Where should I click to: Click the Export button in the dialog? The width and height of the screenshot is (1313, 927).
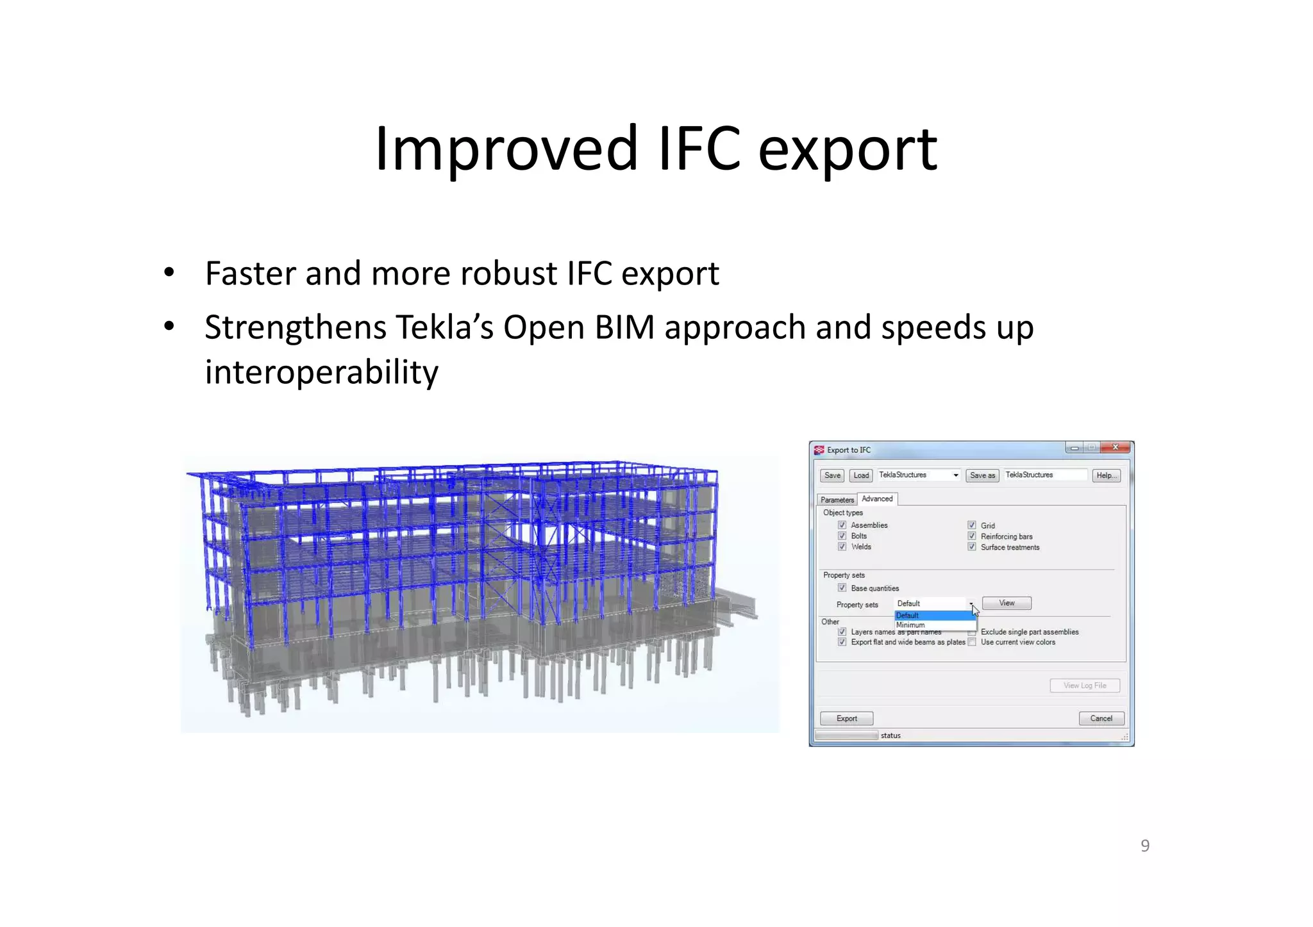point(846,718)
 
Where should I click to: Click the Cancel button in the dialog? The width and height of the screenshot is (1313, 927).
point(1101,718)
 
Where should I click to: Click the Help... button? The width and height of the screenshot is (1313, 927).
point(1106,475)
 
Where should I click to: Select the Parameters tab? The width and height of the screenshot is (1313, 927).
point(837,500)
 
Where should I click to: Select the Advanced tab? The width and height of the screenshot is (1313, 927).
point(877,498)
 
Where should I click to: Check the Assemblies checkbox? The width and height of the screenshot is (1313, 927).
point(842,525)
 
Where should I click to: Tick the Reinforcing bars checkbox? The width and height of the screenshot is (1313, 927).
point(972,536)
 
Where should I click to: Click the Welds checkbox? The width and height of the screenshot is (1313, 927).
point(842,546)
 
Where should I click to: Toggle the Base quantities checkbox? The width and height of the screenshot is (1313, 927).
point(842,588)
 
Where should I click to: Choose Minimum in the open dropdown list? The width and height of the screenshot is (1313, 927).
point(910,625)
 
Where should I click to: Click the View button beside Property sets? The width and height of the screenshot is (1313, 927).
point(1007,603)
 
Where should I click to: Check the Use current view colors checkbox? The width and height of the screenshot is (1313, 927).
point(972,642)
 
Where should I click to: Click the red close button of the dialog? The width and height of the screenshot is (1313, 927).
point(1116,448)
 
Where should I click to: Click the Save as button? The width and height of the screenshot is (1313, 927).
point(982,475)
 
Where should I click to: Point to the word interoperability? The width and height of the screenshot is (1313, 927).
point(322,372)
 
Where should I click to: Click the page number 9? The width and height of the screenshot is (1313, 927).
point(1145,846)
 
